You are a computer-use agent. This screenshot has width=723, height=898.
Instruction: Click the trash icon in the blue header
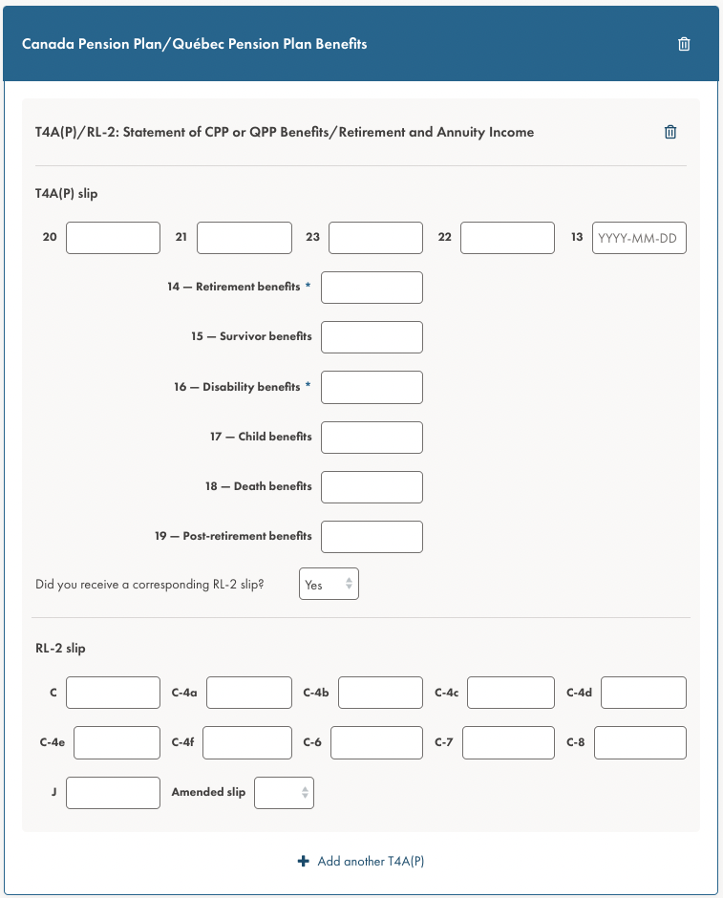(684, 44)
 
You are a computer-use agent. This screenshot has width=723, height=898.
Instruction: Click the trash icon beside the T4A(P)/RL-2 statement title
(670, 133)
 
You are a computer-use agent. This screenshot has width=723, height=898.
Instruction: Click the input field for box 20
(113, 238)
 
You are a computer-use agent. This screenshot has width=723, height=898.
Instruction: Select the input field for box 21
(244, 238)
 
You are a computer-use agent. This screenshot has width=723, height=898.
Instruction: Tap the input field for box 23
(375, 238)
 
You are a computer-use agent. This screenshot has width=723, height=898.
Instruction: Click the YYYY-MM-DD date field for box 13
(639, 238)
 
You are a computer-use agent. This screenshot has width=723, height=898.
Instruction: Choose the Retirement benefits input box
(372, 288)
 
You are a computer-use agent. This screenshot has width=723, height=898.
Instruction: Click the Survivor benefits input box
(372, 337)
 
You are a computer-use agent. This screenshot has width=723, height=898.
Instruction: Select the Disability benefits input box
(372, 387)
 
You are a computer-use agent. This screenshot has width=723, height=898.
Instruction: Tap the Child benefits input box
(372, 437)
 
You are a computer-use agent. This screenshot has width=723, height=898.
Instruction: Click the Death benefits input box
(372, 486)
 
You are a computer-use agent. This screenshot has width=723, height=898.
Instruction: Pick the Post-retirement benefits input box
(372, 536)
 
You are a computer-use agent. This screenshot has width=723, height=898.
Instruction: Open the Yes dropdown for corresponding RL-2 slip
(329, 585)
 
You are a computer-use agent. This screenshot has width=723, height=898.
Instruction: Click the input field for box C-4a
(248, 693)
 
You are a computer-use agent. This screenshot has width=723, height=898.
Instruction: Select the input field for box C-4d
(643, 693)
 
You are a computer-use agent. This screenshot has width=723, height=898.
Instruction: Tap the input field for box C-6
(376, 742)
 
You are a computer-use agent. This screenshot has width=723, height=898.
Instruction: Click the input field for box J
(113, 792)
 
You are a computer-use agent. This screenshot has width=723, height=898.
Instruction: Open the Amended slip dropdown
(284, 792)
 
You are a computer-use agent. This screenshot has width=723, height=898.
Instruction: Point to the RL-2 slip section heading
(60, 649)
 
